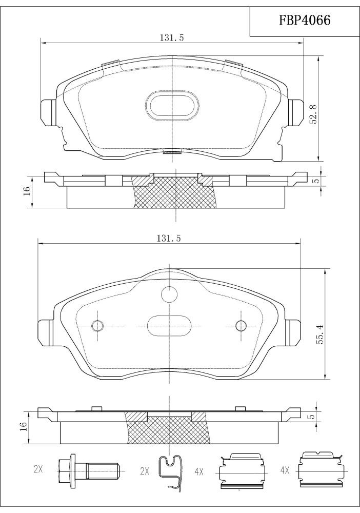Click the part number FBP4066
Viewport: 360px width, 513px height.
tap(305, 21)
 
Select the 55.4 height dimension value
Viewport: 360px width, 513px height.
tap(320, 334)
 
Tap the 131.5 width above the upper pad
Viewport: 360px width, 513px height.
tap(172, 37)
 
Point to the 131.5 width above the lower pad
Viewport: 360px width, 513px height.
tap(168, 239)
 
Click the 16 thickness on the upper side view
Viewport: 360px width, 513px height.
tap(27, 190)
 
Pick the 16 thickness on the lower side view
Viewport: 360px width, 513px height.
tap(23, 426)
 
